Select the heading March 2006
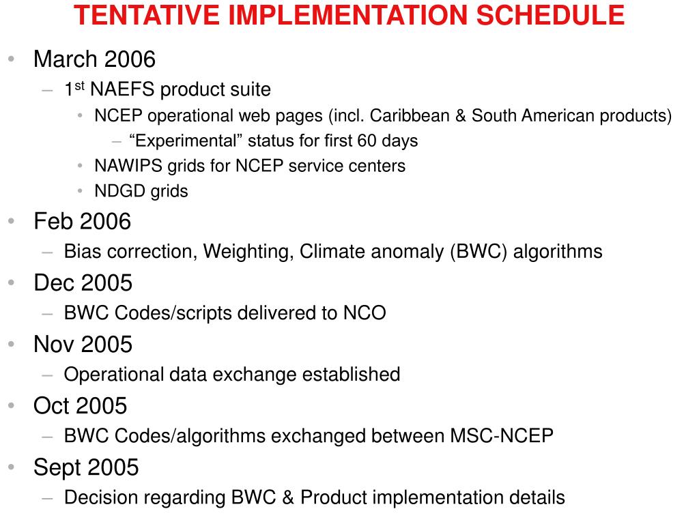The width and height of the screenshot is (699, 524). [x=94, y=59]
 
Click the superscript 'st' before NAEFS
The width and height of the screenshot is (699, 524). [x=79, y=85]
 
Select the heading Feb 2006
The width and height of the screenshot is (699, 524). [x=82, y=222]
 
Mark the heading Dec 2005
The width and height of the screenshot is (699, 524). [x=83, y=282]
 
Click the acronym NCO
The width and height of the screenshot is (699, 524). [x=363, y=313]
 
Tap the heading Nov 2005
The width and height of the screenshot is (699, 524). [x=83, y=344]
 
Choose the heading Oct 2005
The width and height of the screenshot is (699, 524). [x=80, y=406]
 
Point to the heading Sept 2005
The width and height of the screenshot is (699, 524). [x=86, y=467]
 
